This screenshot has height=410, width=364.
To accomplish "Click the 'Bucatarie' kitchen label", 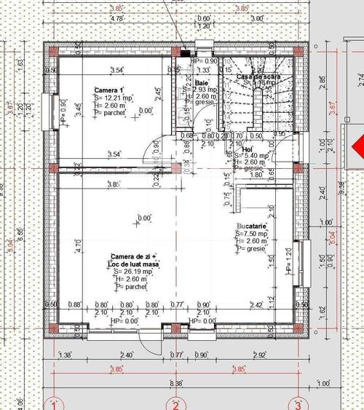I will point(250,226).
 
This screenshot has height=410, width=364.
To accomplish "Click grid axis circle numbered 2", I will point(175,403).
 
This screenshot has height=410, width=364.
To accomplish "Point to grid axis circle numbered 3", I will point(297,403).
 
